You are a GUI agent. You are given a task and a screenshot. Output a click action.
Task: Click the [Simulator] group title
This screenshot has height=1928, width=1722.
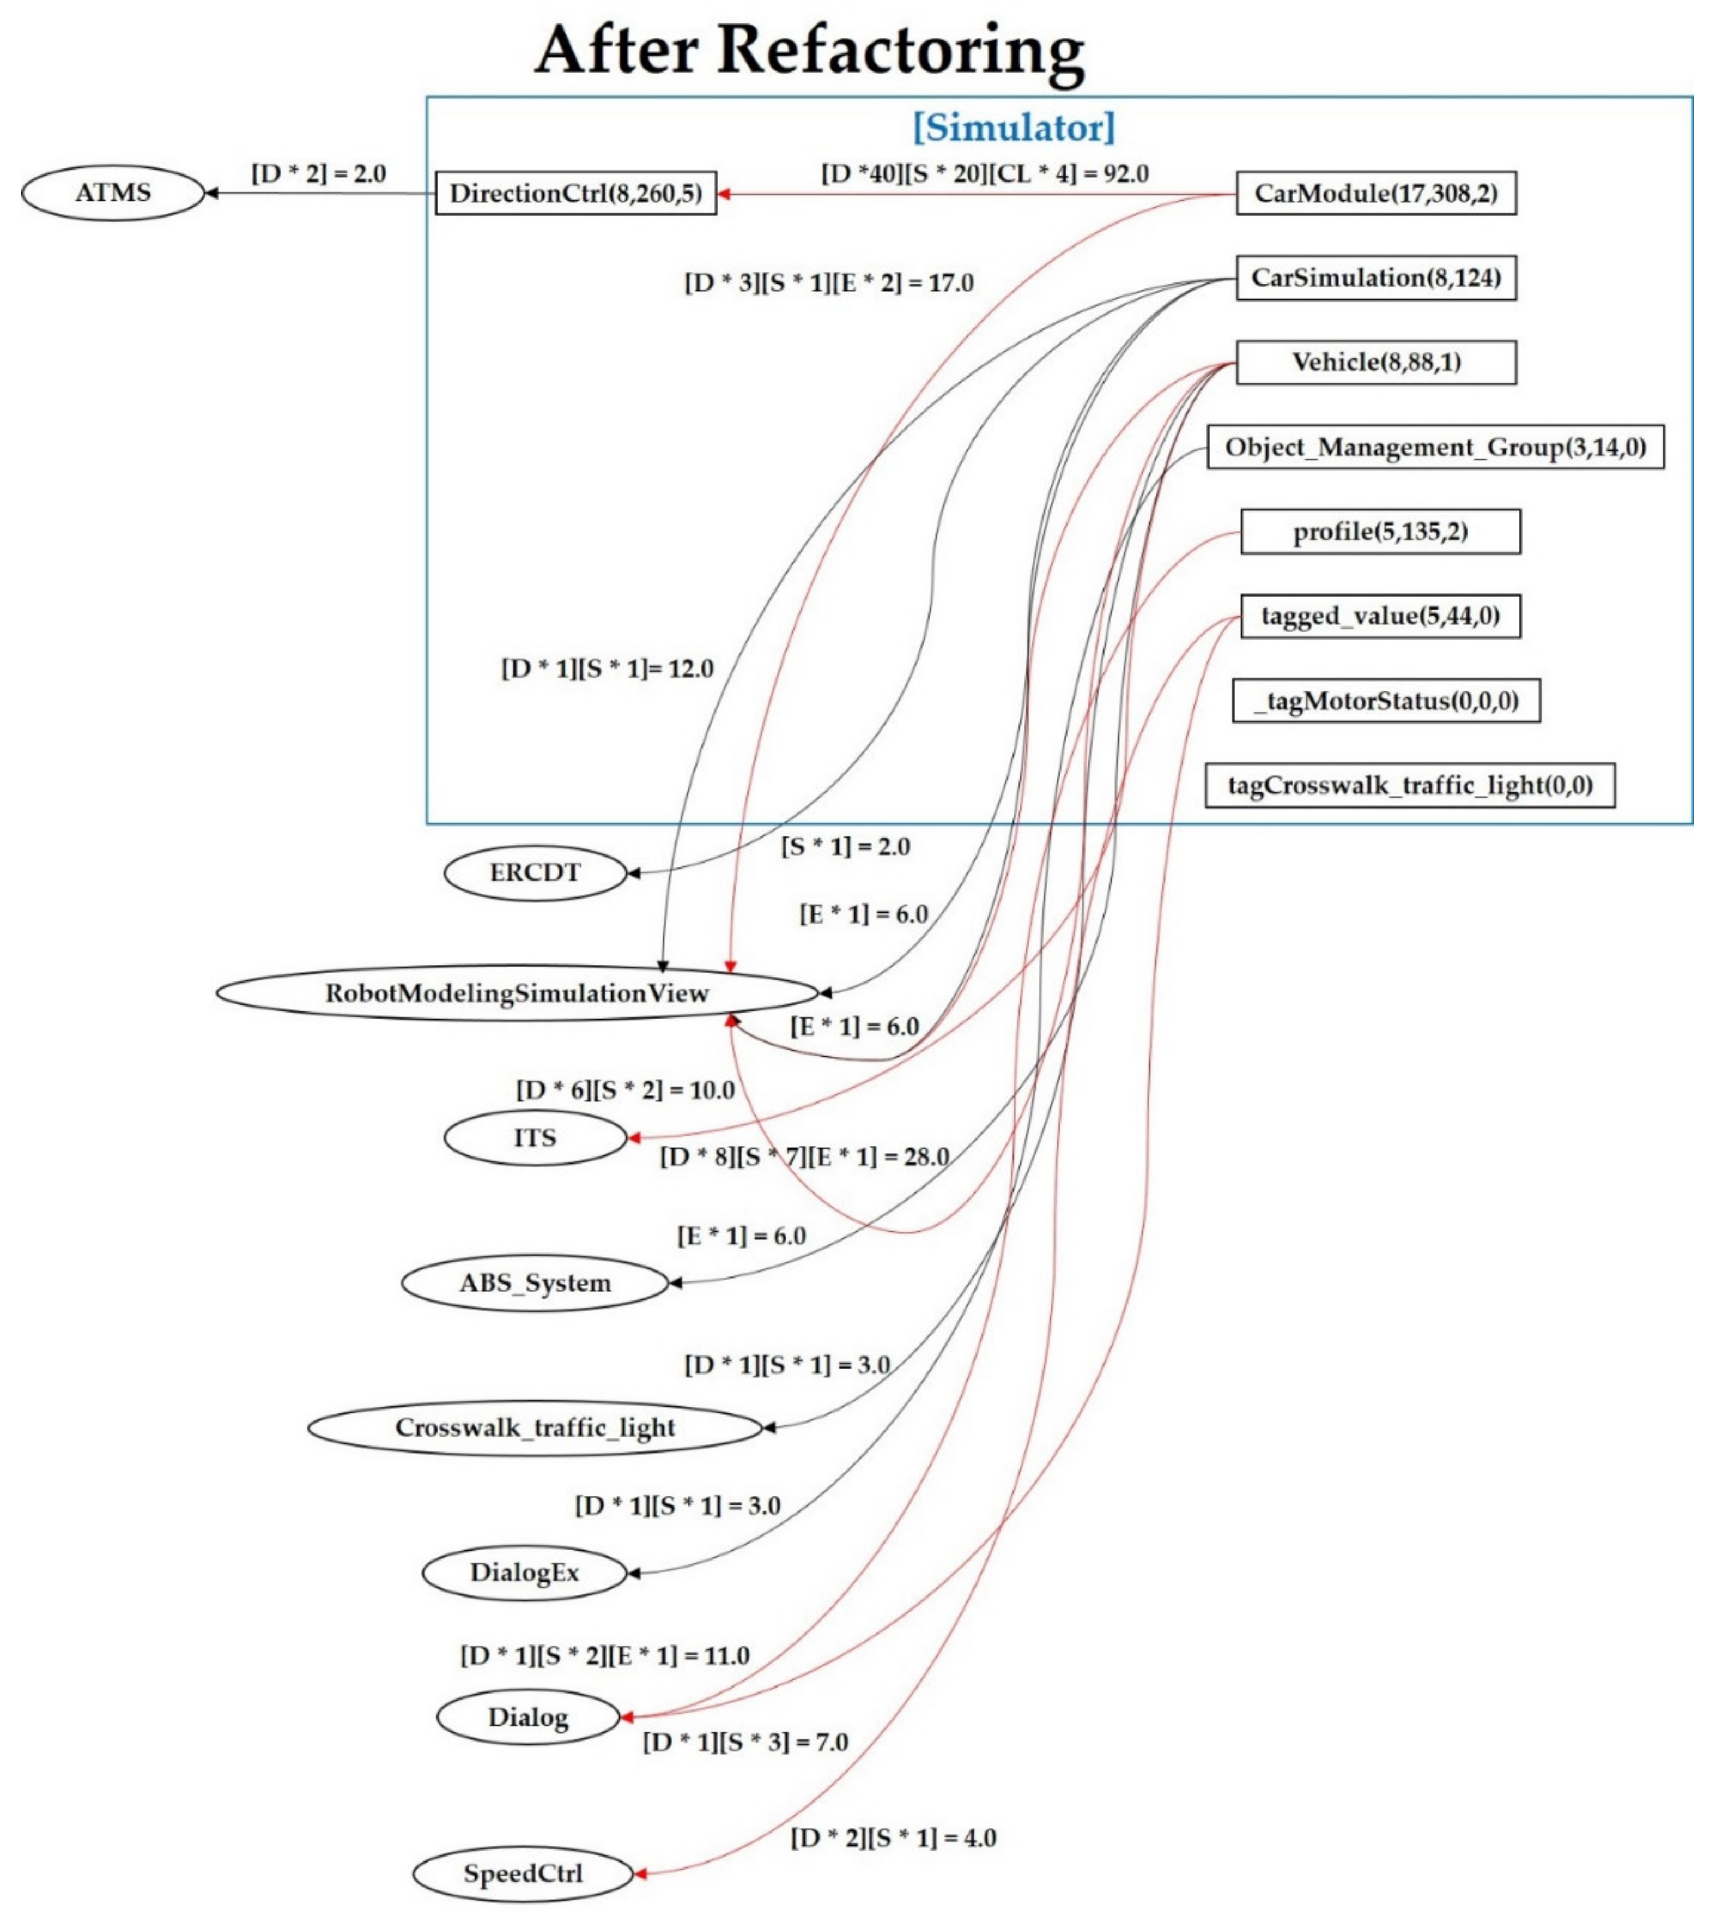click(1014, 127)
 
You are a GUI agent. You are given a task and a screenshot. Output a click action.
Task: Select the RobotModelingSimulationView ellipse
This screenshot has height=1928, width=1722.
click(517, 993)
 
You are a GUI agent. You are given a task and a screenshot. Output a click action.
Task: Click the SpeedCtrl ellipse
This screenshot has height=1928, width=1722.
click(522, 1873)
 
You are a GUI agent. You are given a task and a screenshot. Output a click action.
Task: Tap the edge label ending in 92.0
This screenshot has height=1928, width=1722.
click(984, 174)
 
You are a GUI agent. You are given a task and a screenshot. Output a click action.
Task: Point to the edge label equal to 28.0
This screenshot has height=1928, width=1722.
click(804, 1156)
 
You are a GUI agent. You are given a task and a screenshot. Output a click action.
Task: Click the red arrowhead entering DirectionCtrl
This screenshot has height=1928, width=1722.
click(724, 194)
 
